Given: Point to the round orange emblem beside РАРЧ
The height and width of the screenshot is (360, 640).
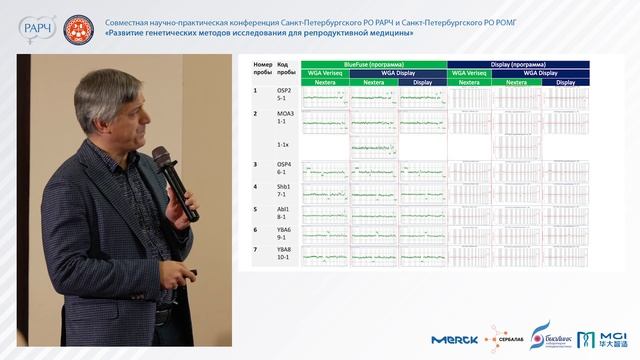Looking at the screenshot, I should tap(76, 27).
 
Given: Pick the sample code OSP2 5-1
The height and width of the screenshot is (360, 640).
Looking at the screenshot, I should tap(285, 96).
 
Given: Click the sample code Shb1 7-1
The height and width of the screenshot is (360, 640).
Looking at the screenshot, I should tap(285, 190).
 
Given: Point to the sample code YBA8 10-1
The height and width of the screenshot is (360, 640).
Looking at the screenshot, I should tap(285, 253).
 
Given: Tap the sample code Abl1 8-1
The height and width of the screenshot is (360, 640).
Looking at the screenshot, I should tap(285, 212).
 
